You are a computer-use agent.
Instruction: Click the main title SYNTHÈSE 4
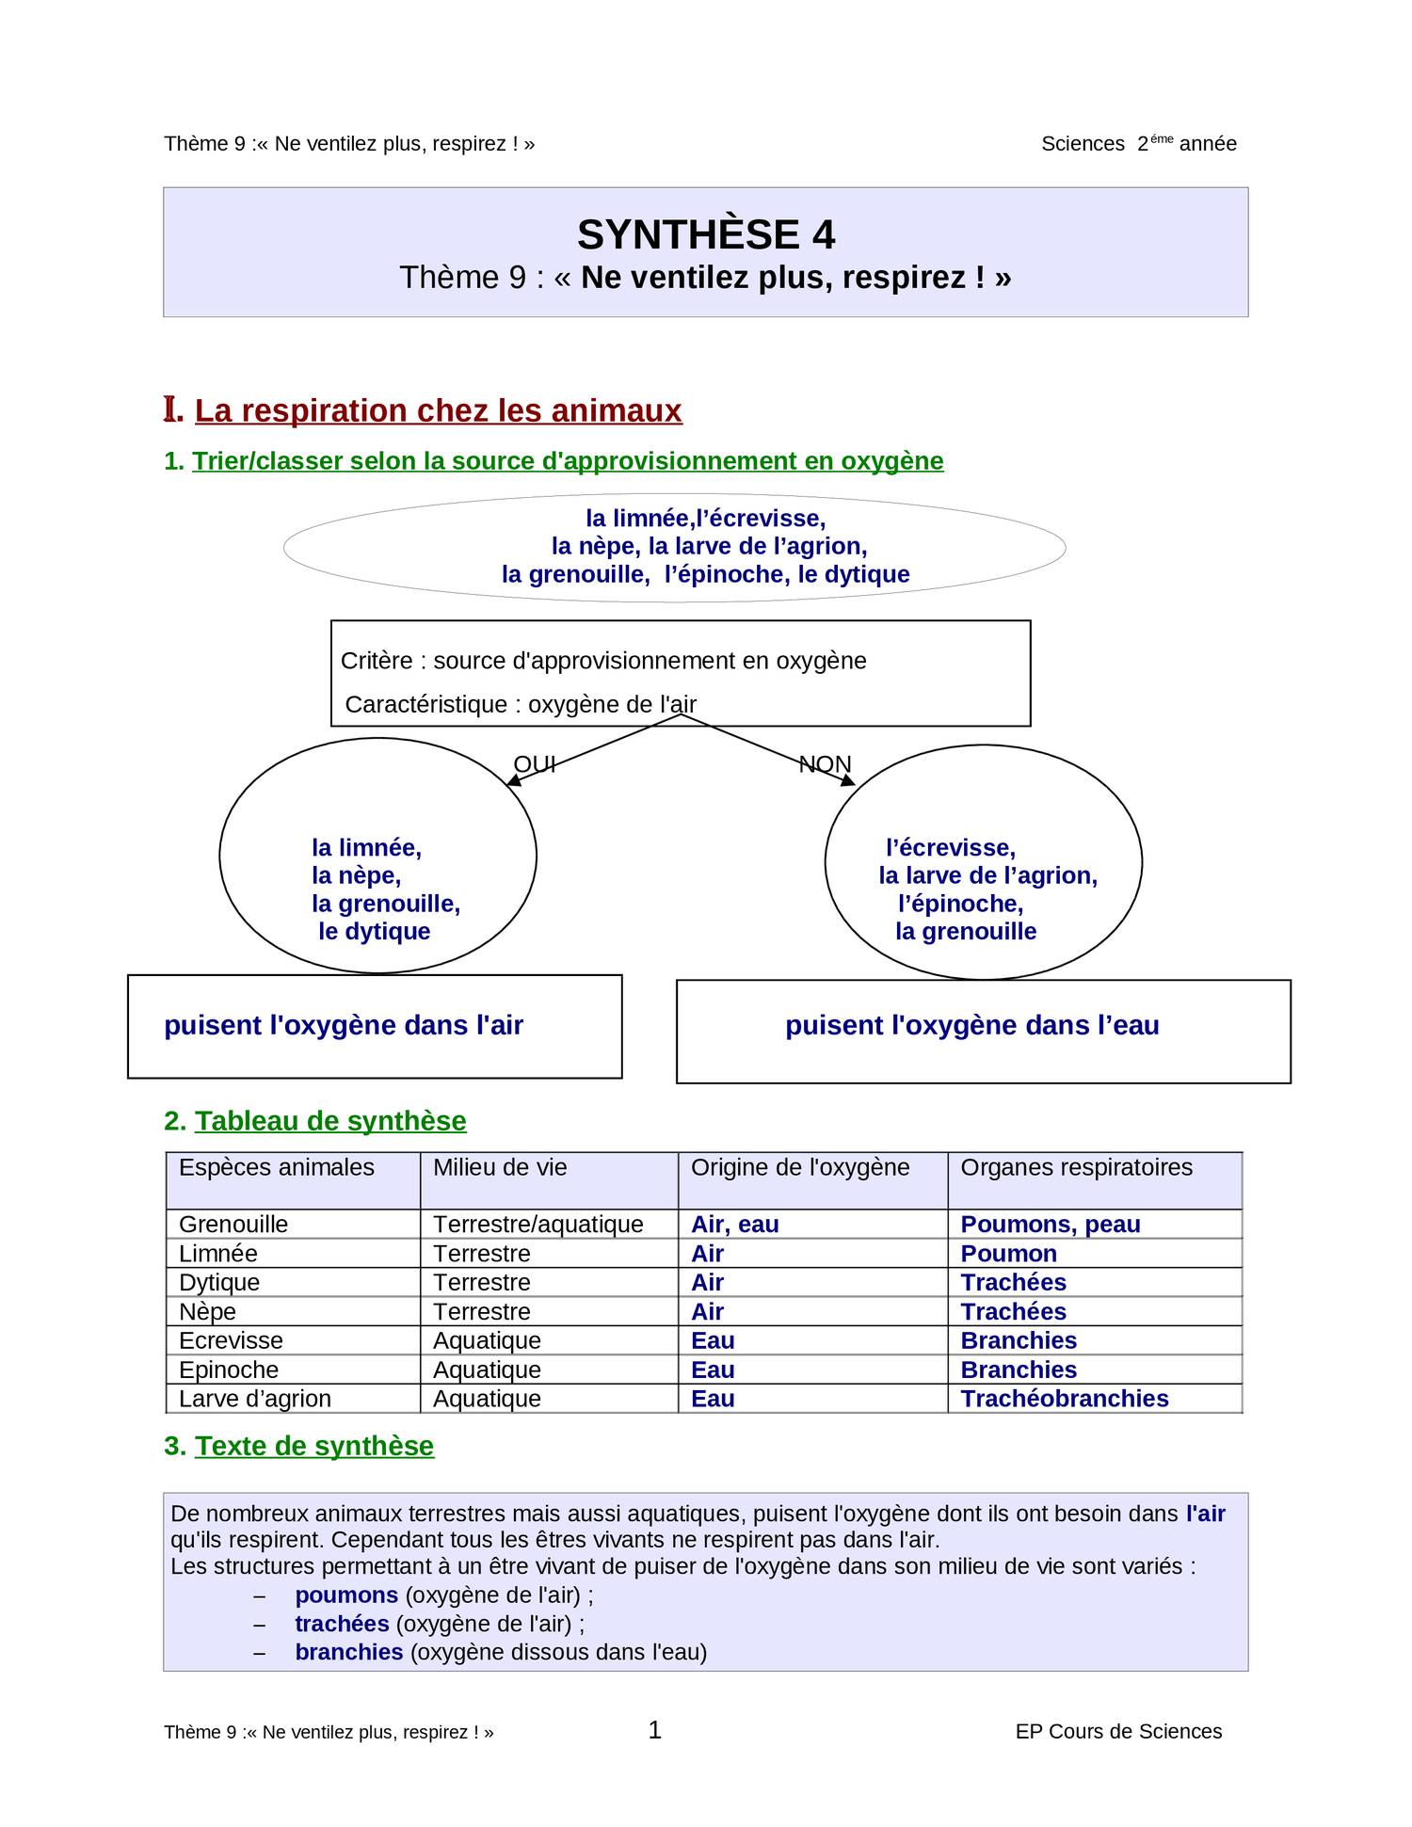click(x=705, y=234)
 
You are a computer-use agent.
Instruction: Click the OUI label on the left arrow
click(x=534, y=763)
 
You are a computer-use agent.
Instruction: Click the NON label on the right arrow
click(x=825, y=763)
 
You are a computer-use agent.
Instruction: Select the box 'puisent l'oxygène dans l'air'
click(x=374, y=1026)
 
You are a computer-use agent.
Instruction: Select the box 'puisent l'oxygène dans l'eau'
click(x=982, y=1030)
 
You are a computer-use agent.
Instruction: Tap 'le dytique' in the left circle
click(x=374, y=931)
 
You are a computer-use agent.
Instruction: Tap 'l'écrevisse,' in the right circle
click(x=950, y=847)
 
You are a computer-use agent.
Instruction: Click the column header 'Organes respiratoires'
click(x=1076, y=1167)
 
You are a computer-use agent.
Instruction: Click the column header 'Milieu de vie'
click(x=500, y=1167)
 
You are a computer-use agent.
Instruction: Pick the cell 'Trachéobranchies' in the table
click(x=1064, y=1399)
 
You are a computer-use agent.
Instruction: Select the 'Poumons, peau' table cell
click(x=1050, y=1225)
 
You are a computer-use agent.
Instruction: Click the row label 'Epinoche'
click(x=229, y=1370)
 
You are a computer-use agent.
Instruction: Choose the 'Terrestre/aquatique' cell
click(x=538, y=1225)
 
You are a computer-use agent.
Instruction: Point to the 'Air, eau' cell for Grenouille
click(x=734, y=1225)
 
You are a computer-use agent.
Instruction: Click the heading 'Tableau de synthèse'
click(x=329, y=1121)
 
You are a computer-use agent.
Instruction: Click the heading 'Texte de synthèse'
click(x=313, y=1446)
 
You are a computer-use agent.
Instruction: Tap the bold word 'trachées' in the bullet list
click(x=342, y=1624)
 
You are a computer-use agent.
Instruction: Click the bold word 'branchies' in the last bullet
click(x=348, y=1652)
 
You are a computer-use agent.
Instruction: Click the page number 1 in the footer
click(x=655, y=1729)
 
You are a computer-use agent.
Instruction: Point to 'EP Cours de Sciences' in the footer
click(x=1117, y=1732)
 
